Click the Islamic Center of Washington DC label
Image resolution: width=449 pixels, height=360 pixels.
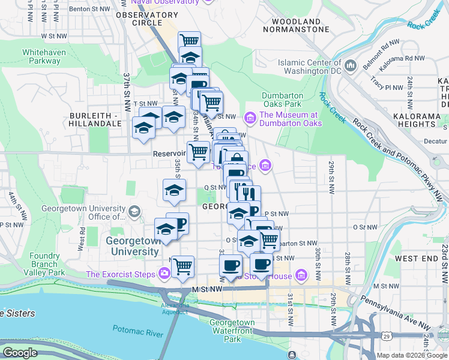[x=309, y=66]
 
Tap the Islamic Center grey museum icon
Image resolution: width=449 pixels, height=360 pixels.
[x=351, y=65]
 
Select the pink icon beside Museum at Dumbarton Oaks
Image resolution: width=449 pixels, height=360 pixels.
[x=250, y=119]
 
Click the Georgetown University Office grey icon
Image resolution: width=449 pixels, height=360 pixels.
[x=134, y=211]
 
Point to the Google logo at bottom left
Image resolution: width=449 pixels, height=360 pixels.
[x=20, y=353]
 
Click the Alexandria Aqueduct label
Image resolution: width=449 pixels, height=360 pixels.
[x=175, y=308]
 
